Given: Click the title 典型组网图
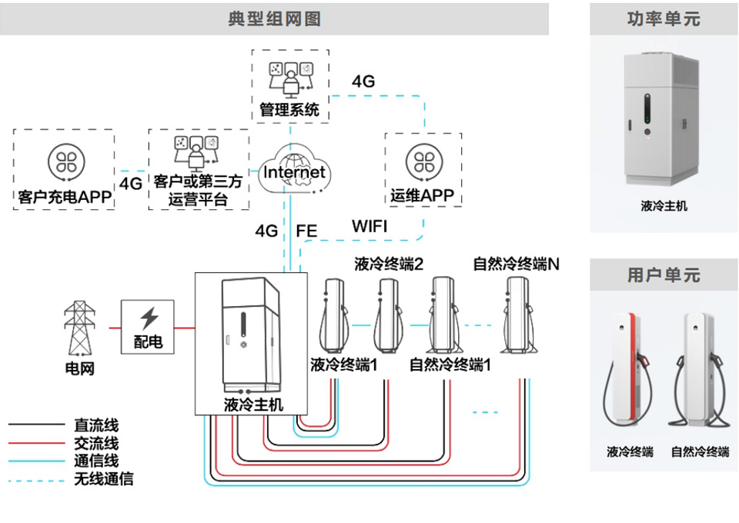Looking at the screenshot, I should point(274,18).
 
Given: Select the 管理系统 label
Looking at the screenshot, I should point(290,109).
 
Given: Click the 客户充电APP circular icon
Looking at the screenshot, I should point(64,161).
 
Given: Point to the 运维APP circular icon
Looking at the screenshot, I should point(423,161).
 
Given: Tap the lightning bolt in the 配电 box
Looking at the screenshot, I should point(149,318).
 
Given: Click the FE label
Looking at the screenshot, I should point(306,230).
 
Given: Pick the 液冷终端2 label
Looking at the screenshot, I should point(389,265).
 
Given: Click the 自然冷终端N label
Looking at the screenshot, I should point(516,265).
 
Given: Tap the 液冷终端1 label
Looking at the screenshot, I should point(344,364).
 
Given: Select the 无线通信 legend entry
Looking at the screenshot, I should point(103,479).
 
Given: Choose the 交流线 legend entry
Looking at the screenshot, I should point(96,443).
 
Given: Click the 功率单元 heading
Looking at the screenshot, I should point(664,19).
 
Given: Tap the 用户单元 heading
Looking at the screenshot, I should point(664,275).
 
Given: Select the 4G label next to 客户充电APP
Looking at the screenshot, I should point(131,184).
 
